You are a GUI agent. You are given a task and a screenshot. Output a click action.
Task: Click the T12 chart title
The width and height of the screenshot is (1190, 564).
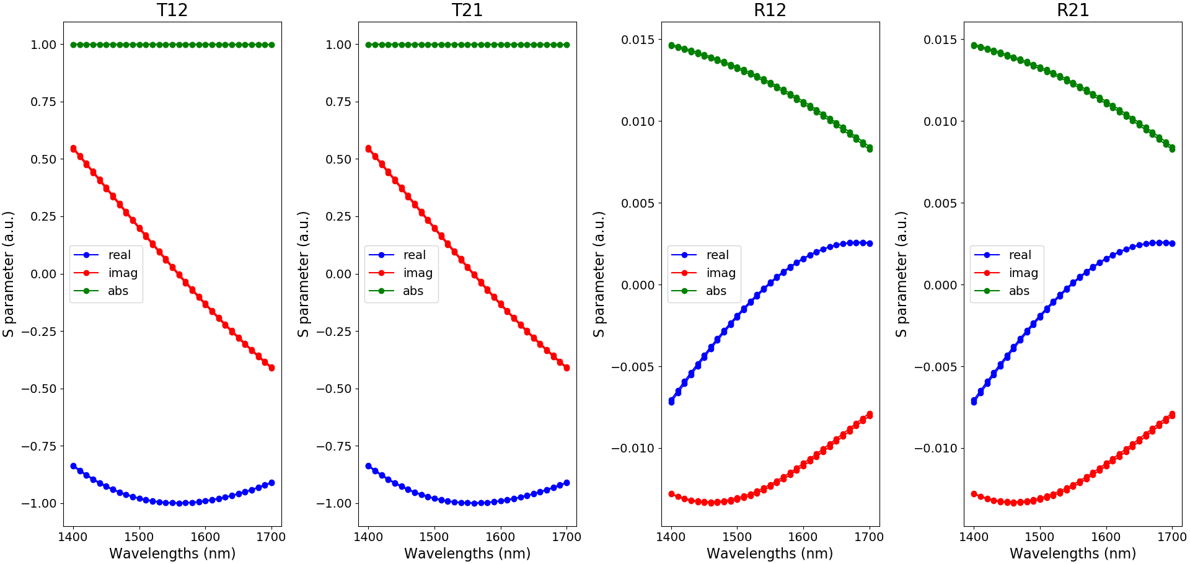point(172,10)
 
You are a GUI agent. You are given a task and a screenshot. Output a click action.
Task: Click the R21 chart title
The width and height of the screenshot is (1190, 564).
point(1073,10)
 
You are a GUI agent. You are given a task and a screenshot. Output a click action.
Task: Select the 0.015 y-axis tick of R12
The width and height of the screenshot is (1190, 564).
point(638,40)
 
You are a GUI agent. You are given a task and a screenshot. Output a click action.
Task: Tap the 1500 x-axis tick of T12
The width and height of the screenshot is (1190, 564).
point(139,537)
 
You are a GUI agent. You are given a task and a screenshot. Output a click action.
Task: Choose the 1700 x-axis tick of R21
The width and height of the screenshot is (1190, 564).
point(1172,537)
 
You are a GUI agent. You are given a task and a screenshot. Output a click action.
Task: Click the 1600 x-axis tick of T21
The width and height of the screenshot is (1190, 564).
point(500,537)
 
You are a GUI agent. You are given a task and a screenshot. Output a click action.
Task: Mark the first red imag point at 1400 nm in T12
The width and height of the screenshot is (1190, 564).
point(74,149)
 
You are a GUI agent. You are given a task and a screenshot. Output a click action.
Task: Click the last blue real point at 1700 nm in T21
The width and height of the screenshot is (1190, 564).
point(566,483)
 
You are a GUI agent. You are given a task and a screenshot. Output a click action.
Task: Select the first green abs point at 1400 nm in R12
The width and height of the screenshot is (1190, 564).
point(671,45)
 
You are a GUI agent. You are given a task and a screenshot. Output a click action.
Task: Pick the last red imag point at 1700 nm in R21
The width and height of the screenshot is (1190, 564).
point(1172,415)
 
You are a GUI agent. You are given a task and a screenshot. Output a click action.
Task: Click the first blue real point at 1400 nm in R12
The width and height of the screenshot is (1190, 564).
point(671,402)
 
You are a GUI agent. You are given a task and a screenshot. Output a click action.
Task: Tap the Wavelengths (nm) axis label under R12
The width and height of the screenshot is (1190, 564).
point(770,553)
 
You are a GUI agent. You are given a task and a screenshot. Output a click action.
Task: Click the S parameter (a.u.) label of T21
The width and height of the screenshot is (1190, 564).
point(303,274)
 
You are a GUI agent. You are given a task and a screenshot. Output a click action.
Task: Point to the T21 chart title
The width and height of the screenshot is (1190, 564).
point(467,10)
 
